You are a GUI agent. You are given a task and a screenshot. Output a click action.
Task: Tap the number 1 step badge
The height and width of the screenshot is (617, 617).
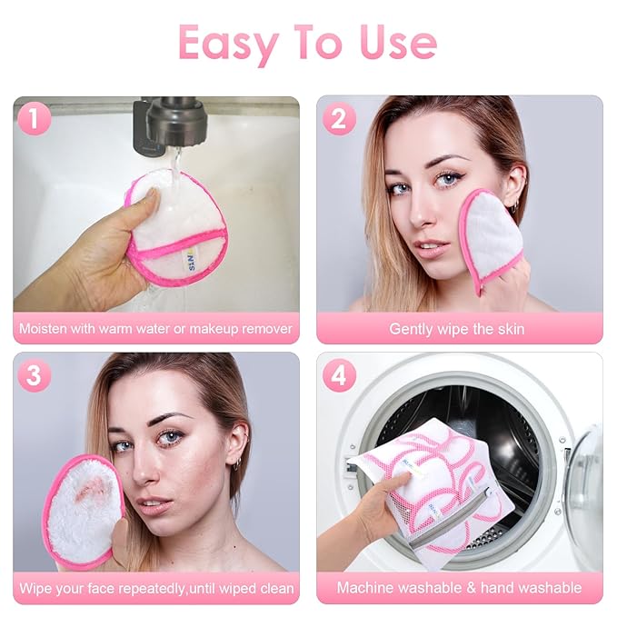point(35,119)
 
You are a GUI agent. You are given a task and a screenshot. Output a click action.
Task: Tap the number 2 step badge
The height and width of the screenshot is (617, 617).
point(339,119)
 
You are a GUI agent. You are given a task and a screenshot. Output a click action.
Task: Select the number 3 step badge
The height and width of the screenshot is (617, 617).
point(35,375)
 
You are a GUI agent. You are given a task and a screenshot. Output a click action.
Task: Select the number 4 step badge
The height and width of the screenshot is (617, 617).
point(339,375)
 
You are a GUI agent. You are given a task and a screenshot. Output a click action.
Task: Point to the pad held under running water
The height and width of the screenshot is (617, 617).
point(177,227)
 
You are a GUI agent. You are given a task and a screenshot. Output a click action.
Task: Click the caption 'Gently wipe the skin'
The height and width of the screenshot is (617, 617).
point(457,329)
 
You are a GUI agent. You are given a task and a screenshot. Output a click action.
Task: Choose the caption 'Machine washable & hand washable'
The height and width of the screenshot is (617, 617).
point(459,588)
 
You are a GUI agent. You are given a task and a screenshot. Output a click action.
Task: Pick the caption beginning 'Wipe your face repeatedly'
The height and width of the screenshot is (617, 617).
point(156,588)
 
